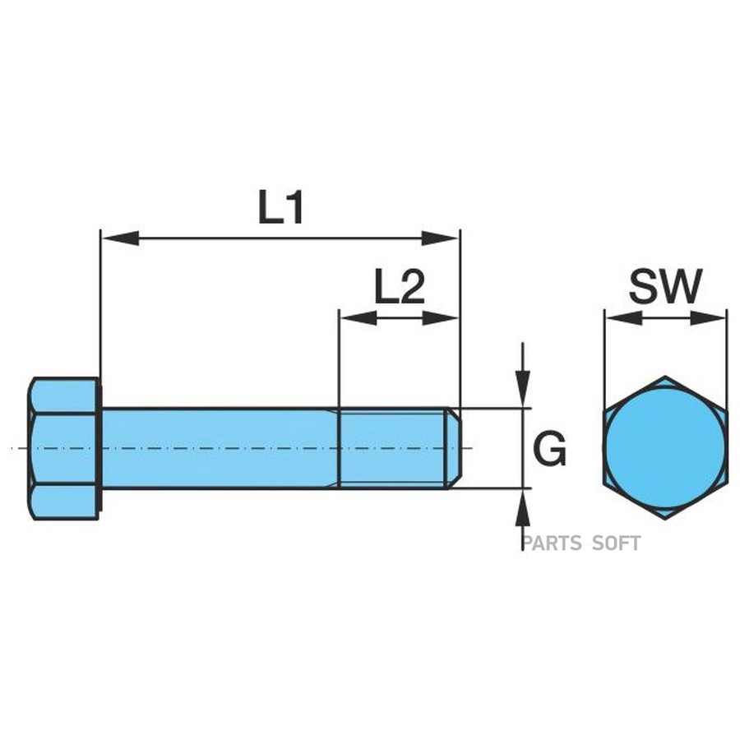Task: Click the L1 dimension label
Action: tap(281, 209)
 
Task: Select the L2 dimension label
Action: tap(399, 289)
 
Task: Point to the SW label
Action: tap(666, 288)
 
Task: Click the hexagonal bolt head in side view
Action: tap(64, 448)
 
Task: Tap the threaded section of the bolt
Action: tap(392, 448)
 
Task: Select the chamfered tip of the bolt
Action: tap(453, 448)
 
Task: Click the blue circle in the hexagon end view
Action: tap(665, 448)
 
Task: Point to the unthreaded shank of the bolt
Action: tap(219, 448)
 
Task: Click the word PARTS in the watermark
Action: tap(551, 543)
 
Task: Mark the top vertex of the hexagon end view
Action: tap(665, 377)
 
